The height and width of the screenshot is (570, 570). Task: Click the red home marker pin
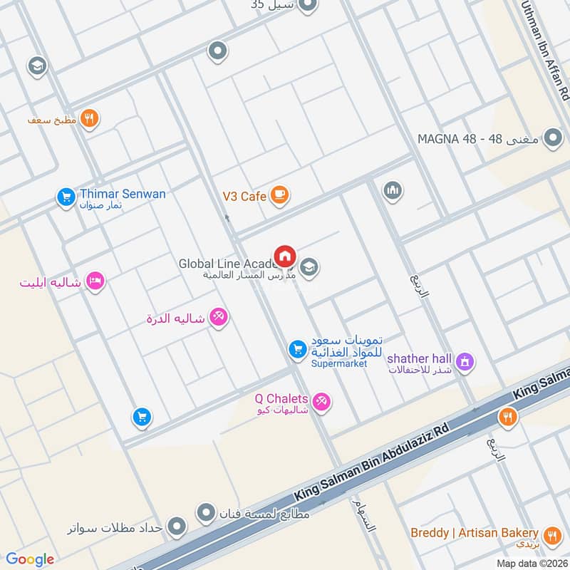[x=285, y=255]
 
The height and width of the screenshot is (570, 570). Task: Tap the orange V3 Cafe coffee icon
[x=279, y=195]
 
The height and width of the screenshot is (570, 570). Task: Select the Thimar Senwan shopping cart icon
[x=66, y=197]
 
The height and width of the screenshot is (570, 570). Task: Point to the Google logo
[x=30, y=559]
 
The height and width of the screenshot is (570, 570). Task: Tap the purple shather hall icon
[x=465, y=362]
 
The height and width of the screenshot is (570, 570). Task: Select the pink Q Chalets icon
[x=322, y=402]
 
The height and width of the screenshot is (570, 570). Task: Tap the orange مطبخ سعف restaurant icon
[x=89, y=119]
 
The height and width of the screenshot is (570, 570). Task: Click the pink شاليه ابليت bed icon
[x=95, y=281]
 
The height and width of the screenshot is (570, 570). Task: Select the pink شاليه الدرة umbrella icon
[x=218, y=318]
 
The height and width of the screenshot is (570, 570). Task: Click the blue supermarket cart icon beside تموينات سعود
[x=297, y=349]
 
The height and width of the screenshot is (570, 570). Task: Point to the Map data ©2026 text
[x=531, y=563]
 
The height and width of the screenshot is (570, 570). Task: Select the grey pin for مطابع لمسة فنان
[x=206, y=512]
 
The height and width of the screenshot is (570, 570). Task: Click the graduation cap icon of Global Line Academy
[x=309, y=268]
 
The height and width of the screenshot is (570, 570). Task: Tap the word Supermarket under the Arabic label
[x=339, y=363]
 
